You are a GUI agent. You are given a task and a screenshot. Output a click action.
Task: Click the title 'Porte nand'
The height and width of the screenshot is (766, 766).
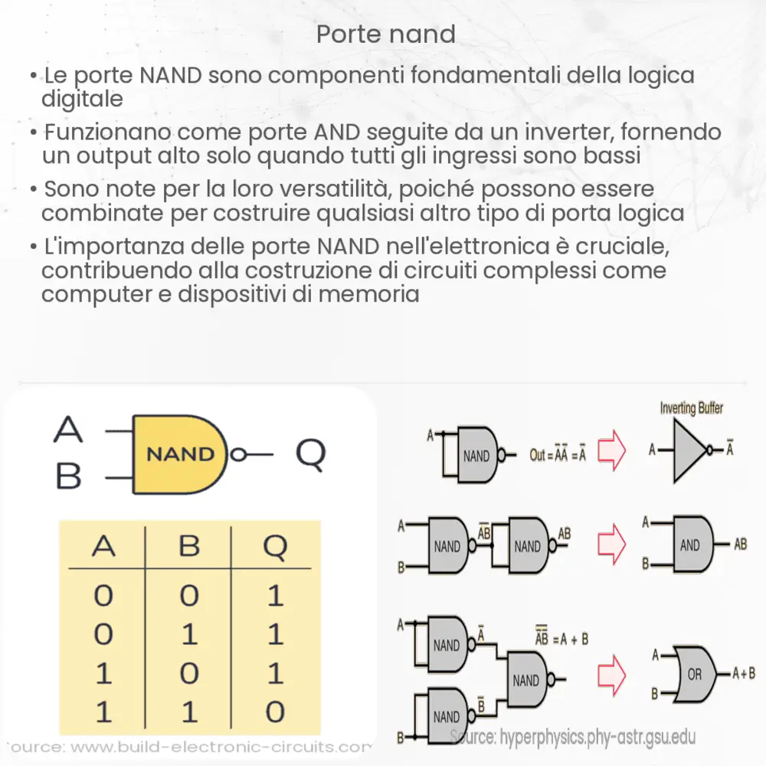(385, 34)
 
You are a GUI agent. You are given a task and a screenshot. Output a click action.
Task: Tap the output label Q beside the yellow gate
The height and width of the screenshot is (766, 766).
(310, 454)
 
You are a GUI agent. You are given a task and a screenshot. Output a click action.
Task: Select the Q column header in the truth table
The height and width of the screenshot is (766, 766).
(275, 546)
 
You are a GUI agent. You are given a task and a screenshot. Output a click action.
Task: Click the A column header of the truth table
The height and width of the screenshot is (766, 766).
(104, 546)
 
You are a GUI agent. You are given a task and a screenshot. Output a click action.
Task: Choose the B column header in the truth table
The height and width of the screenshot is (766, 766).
(189, 546)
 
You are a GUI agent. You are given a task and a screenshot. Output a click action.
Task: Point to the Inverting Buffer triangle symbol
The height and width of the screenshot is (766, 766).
(691, 450)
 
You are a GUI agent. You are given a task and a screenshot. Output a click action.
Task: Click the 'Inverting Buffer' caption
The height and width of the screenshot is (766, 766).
(692, 408)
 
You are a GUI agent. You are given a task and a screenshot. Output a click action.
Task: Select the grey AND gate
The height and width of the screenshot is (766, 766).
(691, 545)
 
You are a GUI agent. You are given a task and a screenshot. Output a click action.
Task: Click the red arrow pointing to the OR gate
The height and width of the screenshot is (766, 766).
(611, 674)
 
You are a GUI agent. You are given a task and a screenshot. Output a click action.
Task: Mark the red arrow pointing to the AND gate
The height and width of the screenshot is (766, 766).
(611, 545)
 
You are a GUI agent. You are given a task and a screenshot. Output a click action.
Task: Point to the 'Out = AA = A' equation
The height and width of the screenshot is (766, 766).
(557, 455)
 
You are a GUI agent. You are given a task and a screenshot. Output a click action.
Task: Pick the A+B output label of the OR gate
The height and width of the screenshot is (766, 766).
(744, 674)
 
